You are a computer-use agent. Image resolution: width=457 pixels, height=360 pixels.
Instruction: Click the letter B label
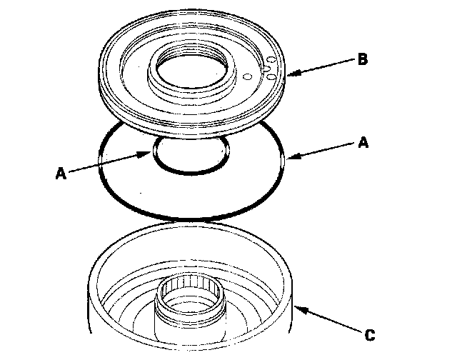tap(362, 60)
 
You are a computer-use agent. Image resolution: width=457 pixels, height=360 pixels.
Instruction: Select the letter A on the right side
tap(362, 143)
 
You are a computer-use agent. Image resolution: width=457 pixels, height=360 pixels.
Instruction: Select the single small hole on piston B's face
tap(246, 76)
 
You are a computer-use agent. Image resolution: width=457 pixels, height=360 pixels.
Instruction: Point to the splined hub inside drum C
tap(190, 300)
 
